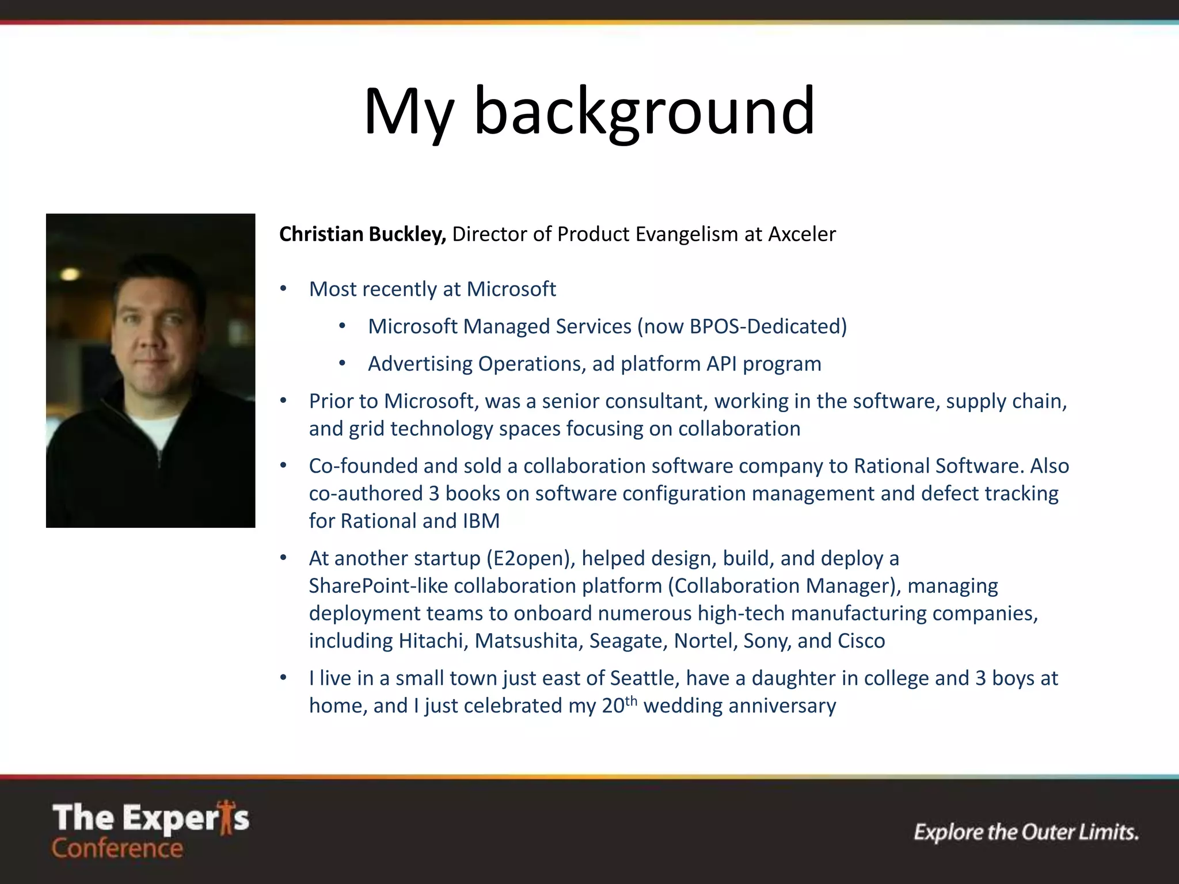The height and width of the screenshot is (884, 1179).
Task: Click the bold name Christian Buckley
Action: [x=362, y=234]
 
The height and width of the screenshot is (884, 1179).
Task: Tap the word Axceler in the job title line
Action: [x=801, y=234]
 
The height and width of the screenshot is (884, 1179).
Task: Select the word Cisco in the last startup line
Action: [x=861, y=641]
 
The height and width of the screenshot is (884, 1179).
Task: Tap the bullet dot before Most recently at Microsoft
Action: [x=283, y=289]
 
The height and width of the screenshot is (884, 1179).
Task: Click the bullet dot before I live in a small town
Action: [x=283, y=678]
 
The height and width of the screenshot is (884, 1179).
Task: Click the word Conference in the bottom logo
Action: [x=117, y=848]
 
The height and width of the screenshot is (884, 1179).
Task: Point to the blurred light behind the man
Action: [x=70, y=274]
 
